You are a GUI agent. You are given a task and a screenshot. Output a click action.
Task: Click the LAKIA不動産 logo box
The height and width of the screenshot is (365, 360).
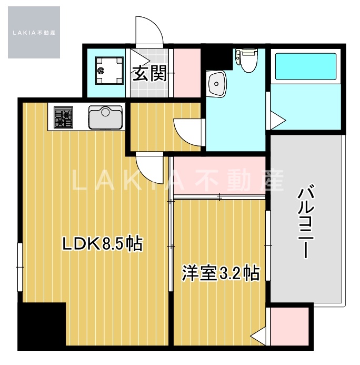[x=34, y=32]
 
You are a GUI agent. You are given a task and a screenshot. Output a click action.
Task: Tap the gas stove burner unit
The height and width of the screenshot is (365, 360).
[x=63, y=117]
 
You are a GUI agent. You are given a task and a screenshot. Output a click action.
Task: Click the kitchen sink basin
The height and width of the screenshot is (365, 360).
[x=105, y=117]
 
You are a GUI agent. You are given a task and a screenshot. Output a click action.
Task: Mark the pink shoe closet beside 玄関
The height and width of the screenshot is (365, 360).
[x=185, y=73]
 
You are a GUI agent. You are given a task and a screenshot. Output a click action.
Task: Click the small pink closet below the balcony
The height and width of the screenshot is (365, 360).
[x=289, y=327]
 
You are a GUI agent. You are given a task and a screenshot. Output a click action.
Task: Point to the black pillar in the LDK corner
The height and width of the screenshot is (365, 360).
[x=42, y=325]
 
